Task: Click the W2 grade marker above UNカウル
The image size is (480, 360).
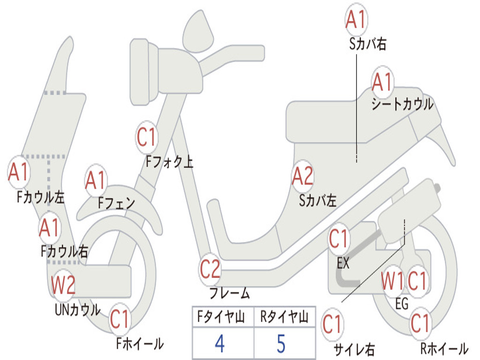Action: pyautogui.click(x=63, y=285)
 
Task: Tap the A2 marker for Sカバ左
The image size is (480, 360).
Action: pyautogui.click(x=302, y=177)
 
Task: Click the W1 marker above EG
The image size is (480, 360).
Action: pyautogui.click(x=392, y=282)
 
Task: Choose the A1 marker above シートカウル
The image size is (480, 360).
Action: pyautogui.click(x=382, y=82)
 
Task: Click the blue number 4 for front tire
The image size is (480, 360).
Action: pyautogui.click(x=219, y=344)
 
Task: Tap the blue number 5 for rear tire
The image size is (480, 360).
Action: pyautogui.click(x=281, y=344)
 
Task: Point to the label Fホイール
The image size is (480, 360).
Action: pyautogui.click(x=140, y=344)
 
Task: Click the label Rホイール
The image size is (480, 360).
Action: pyautogui.click(x=443, y=348)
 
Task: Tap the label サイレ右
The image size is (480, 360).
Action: pyautogui.click(x=354, y=349)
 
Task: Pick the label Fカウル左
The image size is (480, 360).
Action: pyautogui.click(x=41, y=197)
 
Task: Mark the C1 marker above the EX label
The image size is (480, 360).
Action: pyautogui.click(x=338, y=239)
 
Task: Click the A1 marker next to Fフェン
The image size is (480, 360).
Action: pyautogui.click(x=96, y=180)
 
